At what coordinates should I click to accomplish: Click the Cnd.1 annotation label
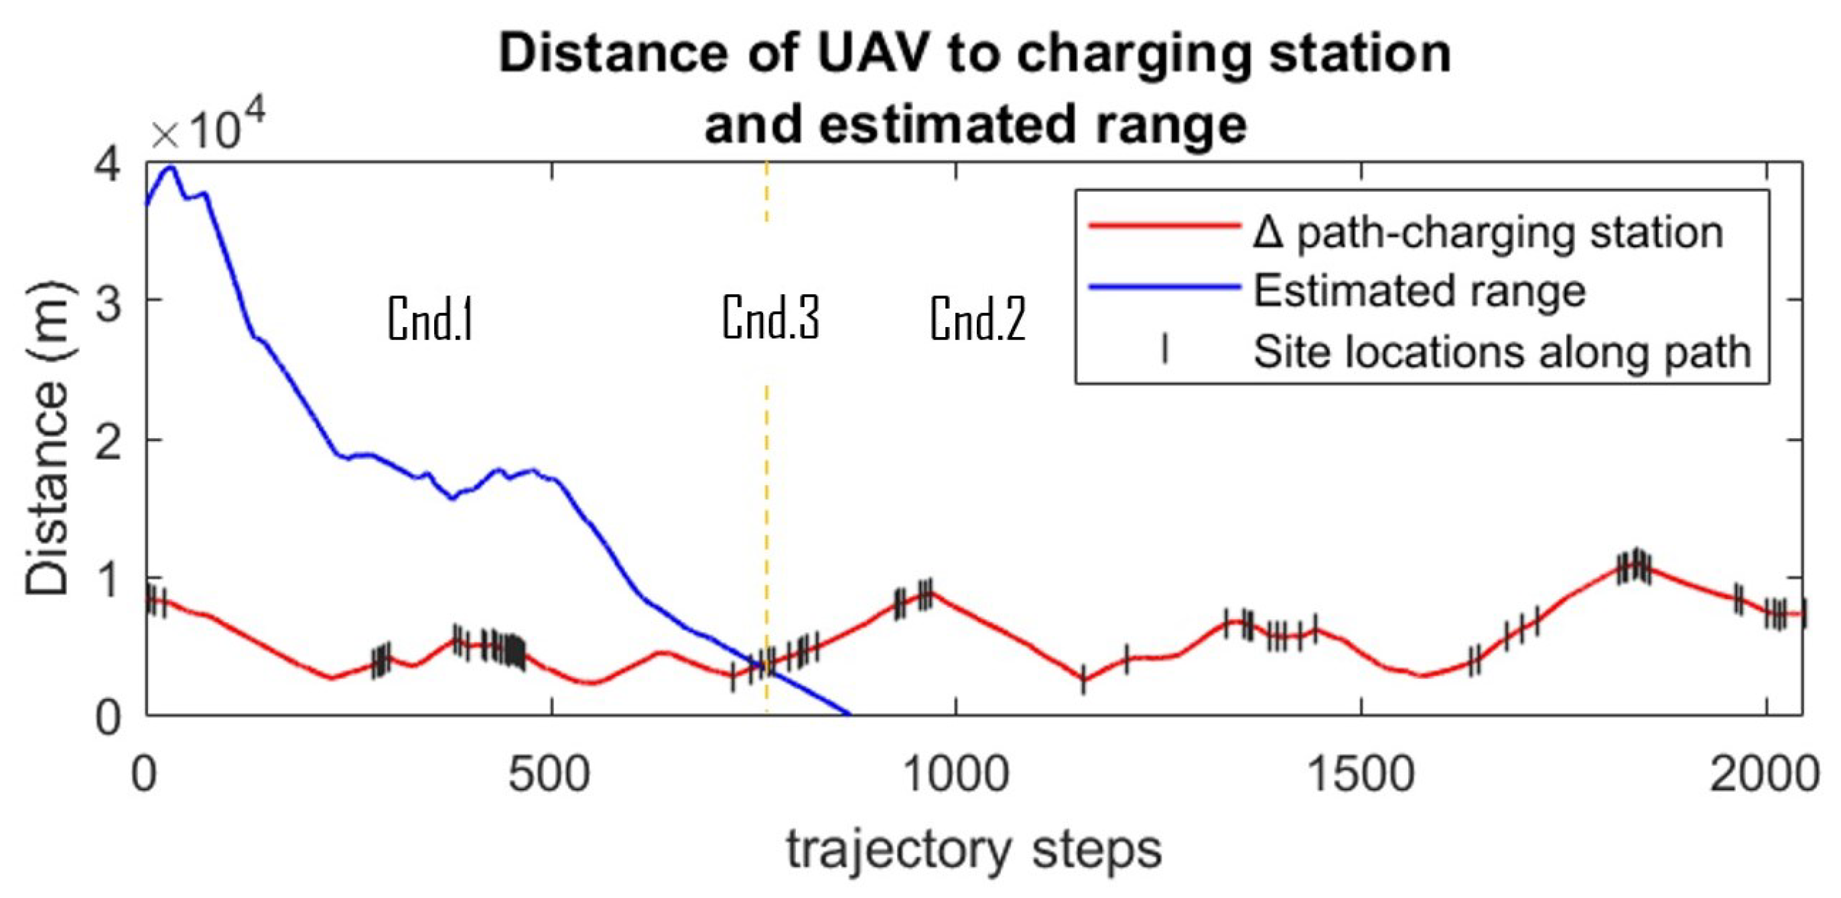tap(430, 319)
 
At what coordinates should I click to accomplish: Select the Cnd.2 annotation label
tap(977, 319)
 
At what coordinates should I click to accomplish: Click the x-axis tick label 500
tap(549, 775)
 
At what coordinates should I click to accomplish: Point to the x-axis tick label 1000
tap(956, 775)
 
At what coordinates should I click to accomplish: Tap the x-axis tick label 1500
tap(1361, 775)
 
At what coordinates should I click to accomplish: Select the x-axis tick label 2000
tap(1764, 775)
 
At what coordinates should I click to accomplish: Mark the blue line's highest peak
tap(171, 168)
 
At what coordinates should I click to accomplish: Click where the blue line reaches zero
tap(849, 714)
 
